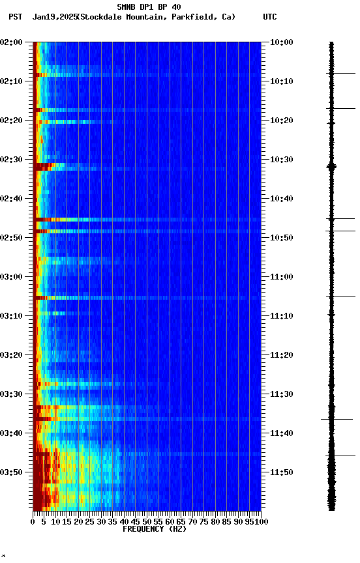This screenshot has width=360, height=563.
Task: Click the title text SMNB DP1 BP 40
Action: (x=149, y=7)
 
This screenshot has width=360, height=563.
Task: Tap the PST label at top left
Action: (x=15, y=17)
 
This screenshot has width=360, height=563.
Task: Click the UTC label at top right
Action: (x=270, y=17)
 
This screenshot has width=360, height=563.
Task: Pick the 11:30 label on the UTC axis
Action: (x=281, y=394)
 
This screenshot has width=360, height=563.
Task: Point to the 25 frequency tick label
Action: (x=89, y=521)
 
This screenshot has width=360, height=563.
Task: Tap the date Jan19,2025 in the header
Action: (x=53, y=17)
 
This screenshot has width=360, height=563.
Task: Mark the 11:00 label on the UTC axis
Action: (x=281, y=277)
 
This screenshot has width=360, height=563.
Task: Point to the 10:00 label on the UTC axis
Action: (x=281, y=42)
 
